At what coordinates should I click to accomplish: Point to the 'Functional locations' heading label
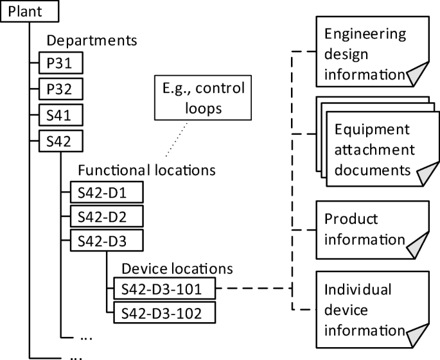click(x=146, y=170)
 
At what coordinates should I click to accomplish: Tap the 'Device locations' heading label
click(x=177, y=267)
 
